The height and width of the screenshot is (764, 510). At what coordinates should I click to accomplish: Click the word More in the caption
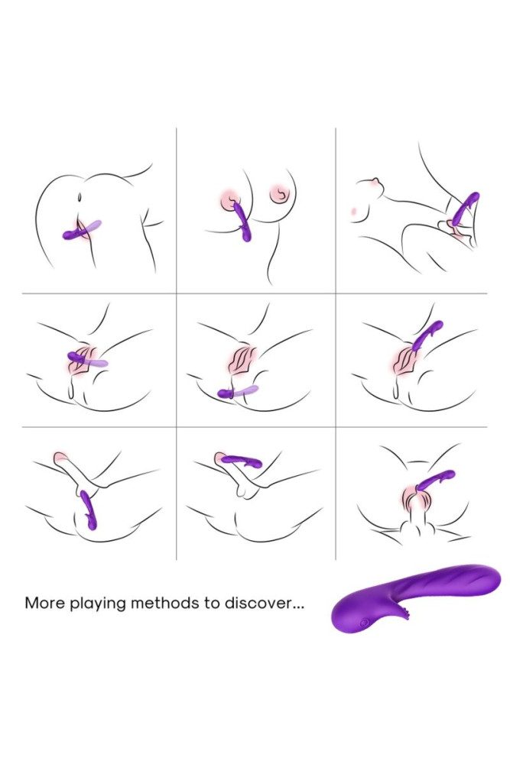[43, 603]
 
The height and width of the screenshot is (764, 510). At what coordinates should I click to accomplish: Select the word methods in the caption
[169, 603]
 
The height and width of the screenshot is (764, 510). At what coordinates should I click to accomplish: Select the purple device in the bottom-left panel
[89, 510]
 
